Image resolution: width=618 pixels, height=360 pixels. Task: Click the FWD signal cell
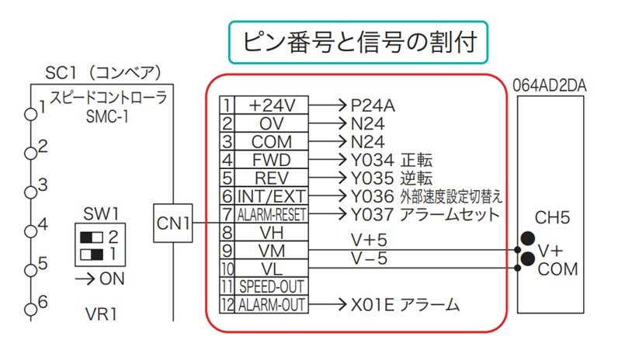272,160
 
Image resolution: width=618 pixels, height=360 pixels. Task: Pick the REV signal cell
272,178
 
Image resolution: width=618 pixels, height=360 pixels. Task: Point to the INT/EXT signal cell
272,196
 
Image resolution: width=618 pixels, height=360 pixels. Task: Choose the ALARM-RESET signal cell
272,214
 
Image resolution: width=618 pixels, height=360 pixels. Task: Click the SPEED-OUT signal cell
272,286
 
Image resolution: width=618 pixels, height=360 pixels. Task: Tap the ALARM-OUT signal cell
272,305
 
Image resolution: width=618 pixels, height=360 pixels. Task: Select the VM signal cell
272,250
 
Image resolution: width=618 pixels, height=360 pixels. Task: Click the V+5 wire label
370,241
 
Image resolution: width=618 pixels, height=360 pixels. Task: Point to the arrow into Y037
328,214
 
